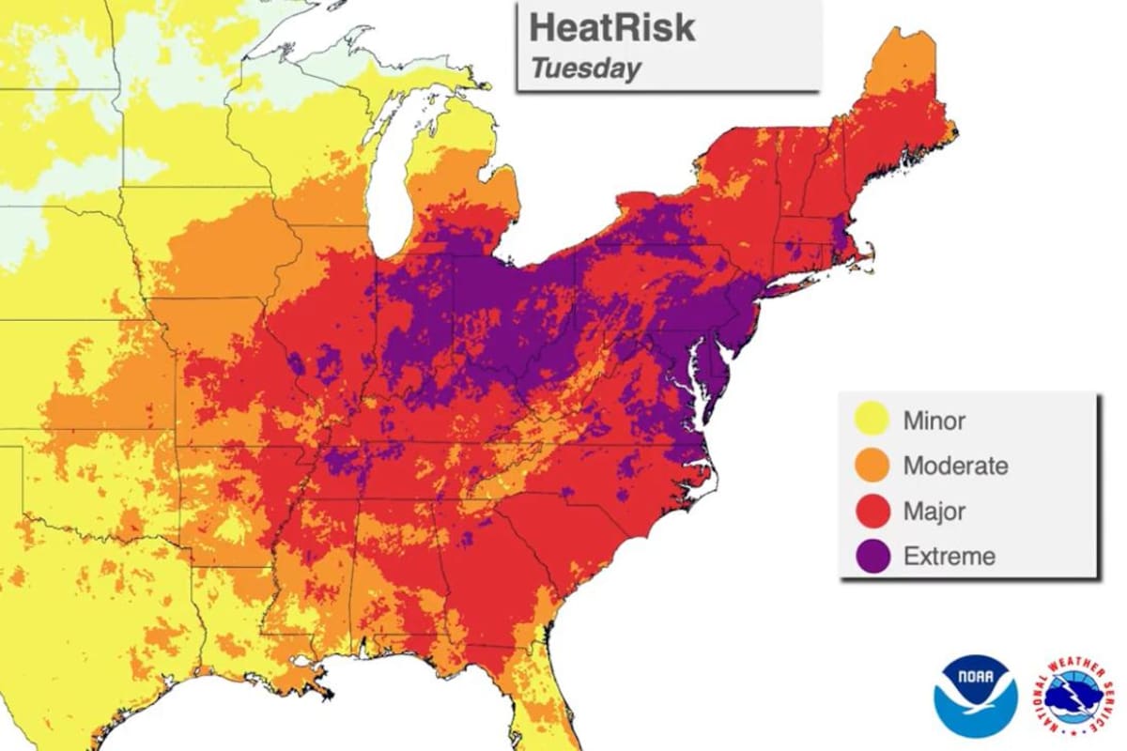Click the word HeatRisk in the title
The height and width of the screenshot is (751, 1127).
[611, 27]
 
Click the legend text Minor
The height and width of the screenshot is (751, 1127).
[934, 421]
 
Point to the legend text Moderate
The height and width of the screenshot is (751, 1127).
[955, 466]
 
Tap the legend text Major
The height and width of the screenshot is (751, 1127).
[934, 512]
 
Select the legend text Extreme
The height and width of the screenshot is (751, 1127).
[949, 557]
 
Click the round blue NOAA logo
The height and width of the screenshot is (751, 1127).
[975, 696]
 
